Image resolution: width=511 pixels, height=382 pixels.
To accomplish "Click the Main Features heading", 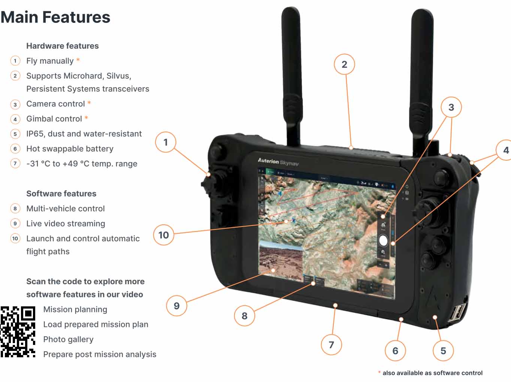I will tap(55, 17).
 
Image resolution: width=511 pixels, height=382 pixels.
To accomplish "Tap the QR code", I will tap(18, 331).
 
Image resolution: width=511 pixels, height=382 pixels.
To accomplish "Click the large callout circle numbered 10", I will tap(164, 235).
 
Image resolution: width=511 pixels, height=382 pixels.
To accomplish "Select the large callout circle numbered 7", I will tap(331, 345).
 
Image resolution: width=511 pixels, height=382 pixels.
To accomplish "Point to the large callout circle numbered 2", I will tap(344, 64).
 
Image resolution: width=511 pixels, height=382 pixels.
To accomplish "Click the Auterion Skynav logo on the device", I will tap(278, 161).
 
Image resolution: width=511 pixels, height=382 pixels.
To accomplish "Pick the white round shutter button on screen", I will tap(383, 240).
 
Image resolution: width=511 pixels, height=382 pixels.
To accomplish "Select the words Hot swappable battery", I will tap(70, 149).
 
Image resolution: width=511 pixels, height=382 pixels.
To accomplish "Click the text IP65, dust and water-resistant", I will tap(84, 134).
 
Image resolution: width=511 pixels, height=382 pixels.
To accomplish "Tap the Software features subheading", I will tap(61, 194).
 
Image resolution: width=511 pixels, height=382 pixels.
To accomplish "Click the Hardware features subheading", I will tap(62, 46).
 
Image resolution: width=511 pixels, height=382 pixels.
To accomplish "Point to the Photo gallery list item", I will tap(68, 339).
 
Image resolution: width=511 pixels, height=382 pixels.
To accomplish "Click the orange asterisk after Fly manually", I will tap(78, 60).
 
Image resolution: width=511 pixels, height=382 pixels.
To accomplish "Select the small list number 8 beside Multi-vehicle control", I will tap(15, 209).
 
